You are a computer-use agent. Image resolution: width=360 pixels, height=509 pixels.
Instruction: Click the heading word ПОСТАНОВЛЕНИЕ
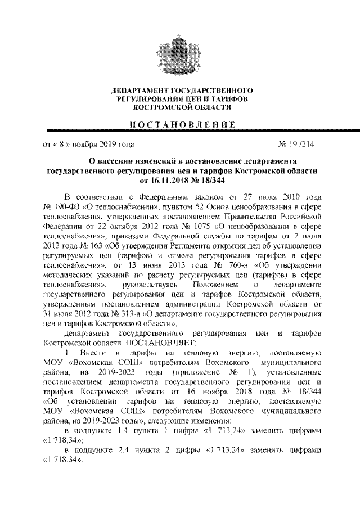[x=180, y=124]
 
